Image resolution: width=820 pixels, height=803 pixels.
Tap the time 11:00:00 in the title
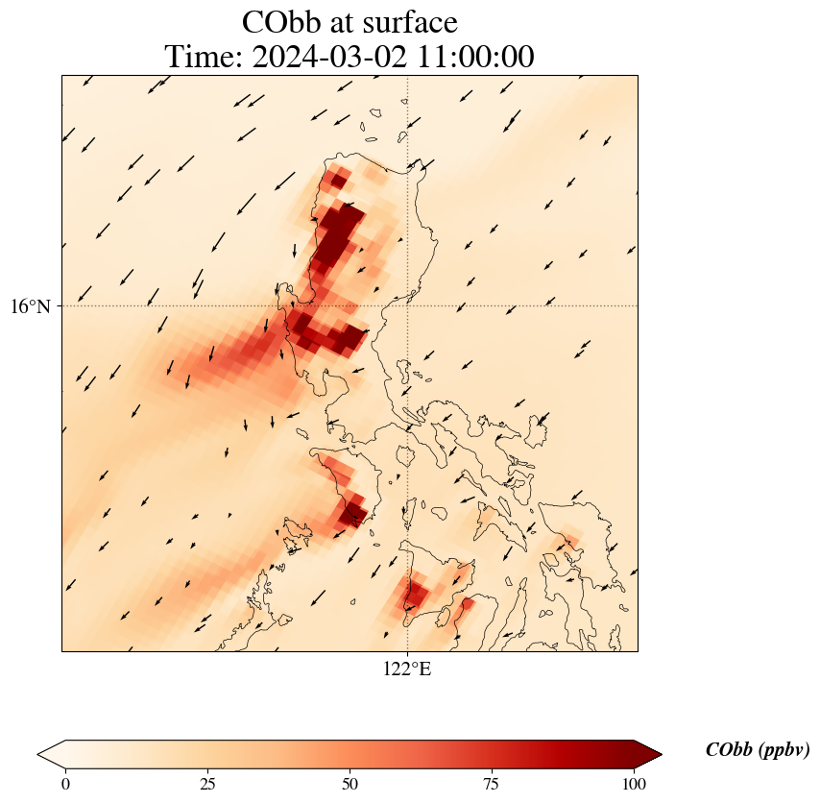(x=470, y=58)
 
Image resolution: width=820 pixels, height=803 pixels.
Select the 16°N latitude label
(x=36, y=306)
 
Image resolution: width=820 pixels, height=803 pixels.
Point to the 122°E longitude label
(x=407, y=669)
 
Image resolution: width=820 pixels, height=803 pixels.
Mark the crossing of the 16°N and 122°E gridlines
(x=407, y=306)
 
